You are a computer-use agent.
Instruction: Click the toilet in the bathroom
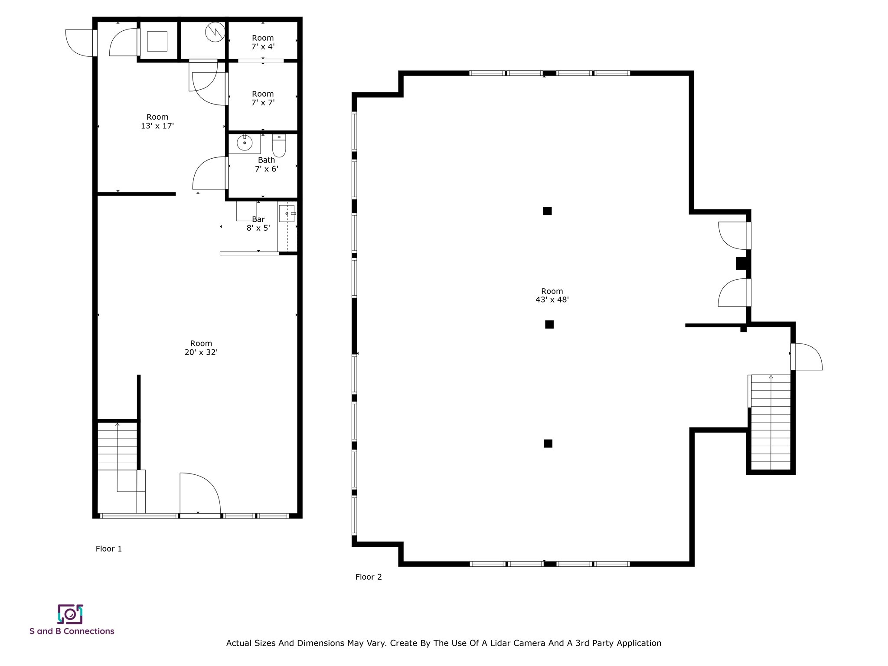pyautogui.click(x=279, y=146)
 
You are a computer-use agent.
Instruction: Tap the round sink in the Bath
pyautogui.click(x=245, y=143)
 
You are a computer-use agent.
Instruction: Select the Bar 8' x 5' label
pyautogui.click(x=258, y=224)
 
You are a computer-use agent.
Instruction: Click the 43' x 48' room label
pyautogui.click(x=552, y=295)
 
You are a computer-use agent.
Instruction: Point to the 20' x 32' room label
pyautogui.click(x=201, y=348)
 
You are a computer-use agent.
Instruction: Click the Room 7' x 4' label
pyautogui.click(x=263, y=42)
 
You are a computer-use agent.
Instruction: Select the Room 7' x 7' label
pyautogui.click(x=263, y=98)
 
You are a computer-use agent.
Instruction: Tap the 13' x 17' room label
pyautogui.click(x=157, y=121)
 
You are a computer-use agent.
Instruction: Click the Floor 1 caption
pyautogui.click(x=109, y=548)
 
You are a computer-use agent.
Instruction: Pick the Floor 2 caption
pyautogui.click(x=369, y=577)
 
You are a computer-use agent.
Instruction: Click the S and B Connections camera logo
pyautogui.click(x=70, y=614)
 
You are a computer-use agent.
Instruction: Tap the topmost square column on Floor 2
pyautogui.click(x=547, y=211)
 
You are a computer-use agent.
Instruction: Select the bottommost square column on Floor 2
pyautogui.click(x=548, y=444)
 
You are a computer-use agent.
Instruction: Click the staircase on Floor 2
pyautogui.click(x=770, y=423)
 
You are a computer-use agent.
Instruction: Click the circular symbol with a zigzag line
pyautogui.click(x=215, y=32)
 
